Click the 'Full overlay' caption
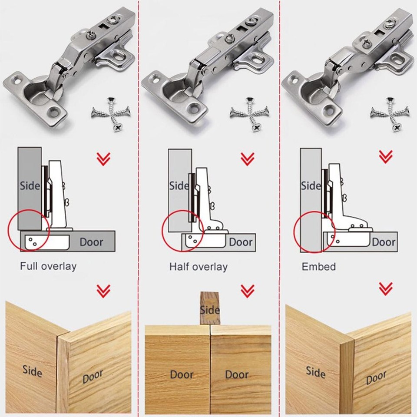pos(48,266)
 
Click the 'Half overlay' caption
pos(198,266)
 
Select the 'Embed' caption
pos(318,266)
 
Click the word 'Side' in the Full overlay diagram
pos(30,186)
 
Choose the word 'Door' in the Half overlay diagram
pos(241,242)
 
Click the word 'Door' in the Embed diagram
pos(383,242)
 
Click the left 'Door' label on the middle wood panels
pos(182,374)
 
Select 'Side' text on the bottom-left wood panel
pos(32,372)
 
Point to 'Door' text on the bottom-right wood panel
pos(376,378)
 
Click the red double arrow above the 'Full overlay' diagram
pos(103,159)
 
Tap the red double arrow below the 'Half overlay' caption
pos(247,290)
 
